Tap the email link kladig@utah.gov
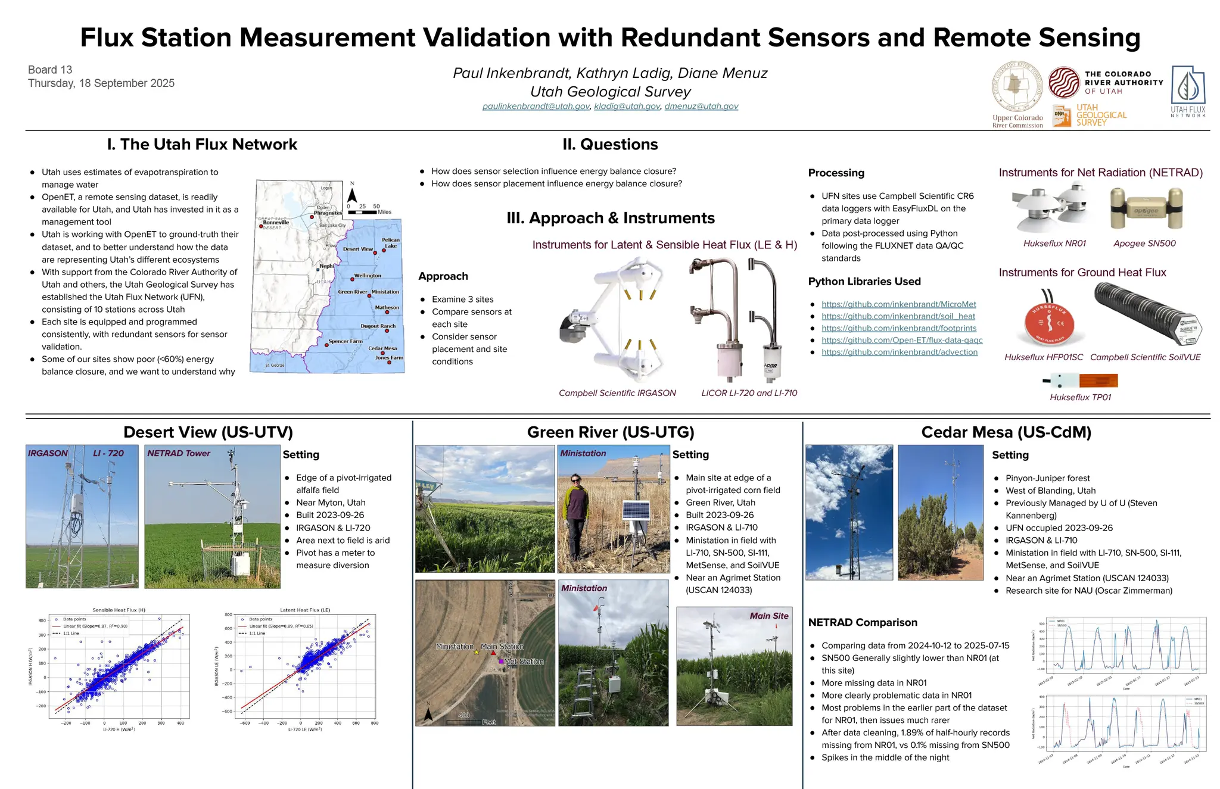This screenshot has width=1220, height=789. tap(627, 106)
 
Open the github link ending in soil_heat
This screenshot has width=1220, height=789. tap(898, 316)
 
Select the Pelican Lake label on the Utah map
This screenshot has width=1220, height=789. tap(391, 242)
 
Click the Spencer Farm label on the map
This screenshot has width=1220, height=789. tap(346, 341)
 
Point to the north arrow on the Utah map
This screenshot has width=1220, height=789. tap(352, 195)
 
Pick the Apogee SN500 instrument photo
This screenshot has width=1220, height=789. tap(1146, 210)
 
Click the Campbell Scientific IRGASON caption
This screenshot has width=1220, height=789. tap(617, 393)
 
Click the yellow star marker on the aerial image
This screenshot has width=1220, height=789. tap(477, 653)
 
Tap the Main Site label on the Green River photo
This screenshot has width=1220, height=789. tap(768, 616)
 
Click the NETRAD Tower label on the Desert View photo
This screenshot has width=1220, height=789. tap(179, 453)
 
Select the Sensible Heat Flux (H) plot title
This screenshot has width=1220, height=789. tap(119, 610)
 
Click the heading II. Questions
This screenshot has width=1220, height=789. tap(610, 145)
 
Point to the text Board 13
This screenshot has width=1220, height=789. tap(50, 70)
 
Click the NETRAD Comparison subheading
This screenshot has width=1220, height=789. tap(862, 622)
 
